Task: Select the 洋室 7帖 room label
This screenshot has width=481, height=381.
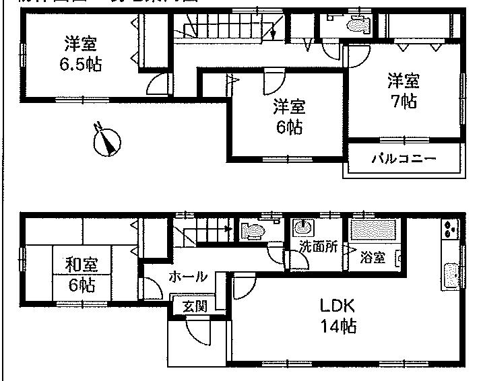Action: click(x=403, y=92)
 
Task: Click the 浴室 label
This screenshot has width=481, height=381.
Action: click(x=371, y=256)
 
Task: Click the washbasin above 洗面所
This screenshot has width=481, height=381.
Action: click(x=302, y=228)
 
